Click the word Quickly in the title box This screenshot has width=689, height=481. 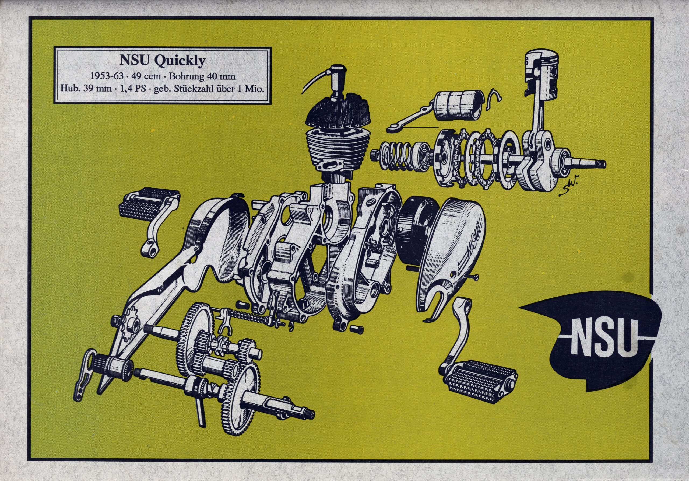click(180, 61)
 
